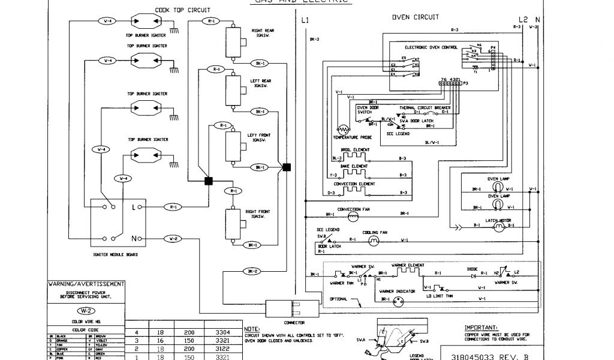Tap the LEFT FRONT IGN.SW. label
(259, 137)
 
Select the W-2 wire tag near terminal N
(173, 238)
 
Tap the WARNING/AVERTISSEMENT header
(86, 283)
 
